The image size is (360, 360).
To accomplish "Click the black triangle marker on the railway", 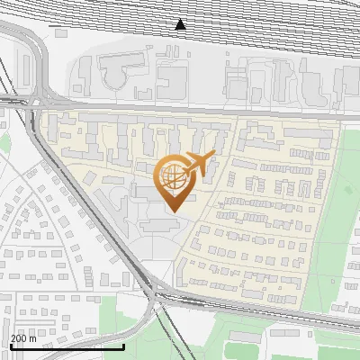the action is click(181, 25).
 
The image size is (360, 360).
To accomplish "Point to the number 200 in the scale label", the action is click(19, 338).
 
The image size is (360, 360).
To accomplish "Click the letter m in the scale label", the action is click(33, 338).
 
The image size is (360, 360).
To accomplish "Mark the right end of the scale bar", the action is click(123, 346).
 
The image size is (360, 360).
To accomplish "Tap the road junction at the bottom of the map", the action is click(157, 292).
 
